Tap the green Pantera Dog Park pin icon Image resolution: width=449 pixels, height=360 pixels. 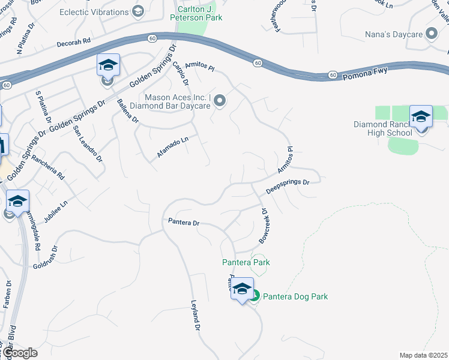coord(255,296)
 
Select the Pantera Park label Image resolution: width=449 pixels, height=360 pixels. coord(246,262)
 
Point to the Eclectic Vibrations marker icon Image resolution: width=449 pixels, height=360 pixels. coord(138,11)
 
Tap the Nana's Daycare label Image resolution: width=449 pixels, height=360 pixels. coord(394,35)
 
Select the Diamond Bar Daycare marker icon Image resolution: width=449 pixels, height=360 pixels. coord(220,101)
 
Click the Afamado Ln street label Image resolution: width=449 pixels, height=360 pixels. coord(173,146)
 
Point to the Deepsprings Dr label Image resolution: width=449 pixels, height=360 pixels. coord(288,185)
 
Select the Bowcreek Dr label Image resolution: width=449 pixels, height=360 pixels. coord(264,226)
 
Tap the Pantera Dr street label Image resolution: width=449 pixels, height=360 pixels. coord(183,223)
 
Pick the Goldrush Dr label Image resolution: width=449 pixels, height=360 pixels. coord(46,257)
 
